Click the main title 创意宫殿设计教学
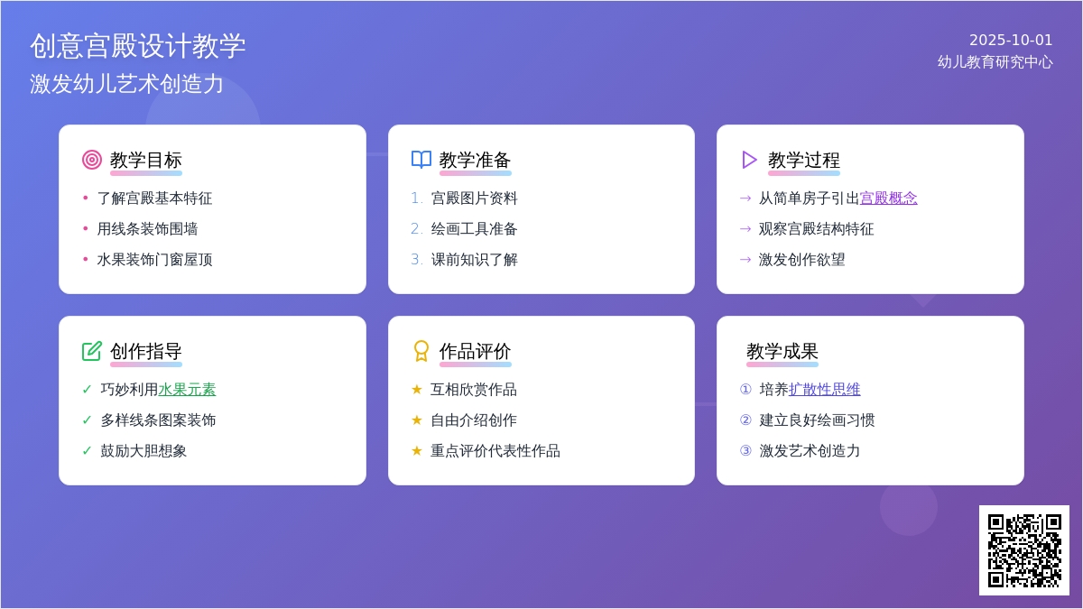click(x=137, y=46)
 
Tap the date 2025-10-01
click(x=1011, y=40)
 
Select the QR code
click(x=1023, y=550)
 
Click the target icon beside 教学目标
click(x=92, y=160)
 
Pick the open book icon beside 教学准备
click(x=421, y=160)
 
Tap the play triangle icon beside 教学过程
click(x=749, y=160)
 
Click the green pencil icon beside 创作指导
click(x=92, y=351)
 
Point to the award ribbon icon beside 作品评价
click(x=421, y=351)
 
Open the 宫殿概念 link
click(x=888, y=198)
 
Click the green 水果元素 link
click(x=187, y=390)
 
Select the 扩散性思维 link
click(x=824, y=390)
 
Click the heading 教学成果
click(x=782, y=351)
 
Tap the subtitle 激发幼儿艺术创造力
click(x=126, y=84)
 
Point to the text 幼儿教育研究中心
click(x=995, y=62)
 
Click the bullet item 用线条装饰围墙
click(x=147, y=229)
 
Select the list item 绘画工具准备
click(x=474, y=229)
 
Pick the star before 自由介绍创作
click(x=417, y=420)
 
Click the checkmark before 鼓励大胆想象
click(x=88, y=451)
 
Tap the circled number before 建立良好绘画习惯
click(x=745, y=420)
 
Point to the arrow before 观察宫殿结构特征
click(x=745, y=229)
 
